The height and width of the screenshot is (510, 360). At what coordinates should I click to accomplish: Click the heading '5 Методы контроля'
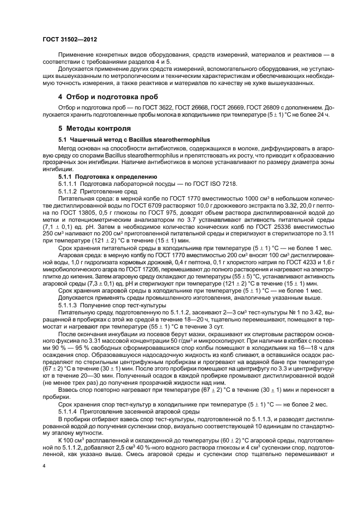click(x=94, y=129)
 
